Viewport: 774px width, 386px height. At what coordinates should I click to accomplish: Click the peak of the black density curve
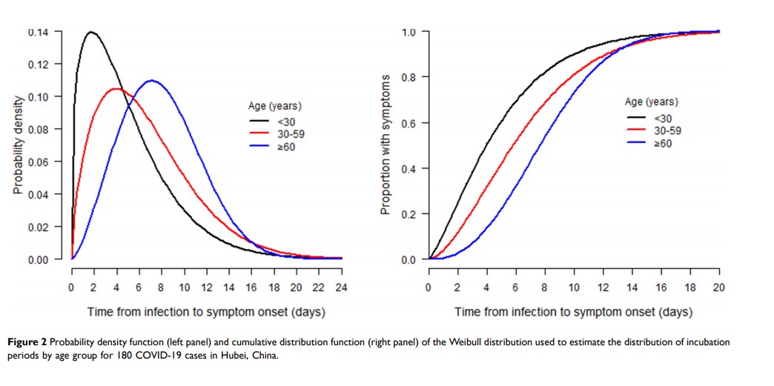[x=92, y=32]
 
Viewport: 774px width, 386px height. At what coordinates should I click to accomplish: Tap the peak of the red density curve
[x=116, y=89]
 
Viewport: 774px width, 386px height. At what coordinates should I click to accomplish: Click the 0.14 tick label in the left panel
[x=39, y=33]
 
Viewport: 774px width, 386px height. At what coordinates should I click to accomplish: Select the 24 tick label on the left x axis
[x=340, y=287]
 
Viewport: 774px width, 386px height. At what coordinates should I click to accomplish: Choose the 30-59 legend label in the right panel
[x=664, y=130]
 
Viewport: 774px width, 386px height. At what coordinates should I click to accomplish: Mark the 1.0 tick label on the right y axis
[x=408, y=33]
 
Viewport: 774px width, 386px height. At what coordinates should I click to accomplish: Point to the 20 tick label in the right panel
[x=718, y=287]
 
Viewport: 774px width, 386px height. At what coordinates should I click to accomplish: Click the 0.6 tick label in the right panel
[x=408, y=123]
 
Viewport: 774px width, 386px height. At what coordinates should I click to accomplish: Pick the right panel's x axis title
[x=574, y=312]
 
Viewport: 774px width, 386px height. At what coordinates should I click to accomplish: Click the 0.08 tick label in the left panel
[x=39, y=130]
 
